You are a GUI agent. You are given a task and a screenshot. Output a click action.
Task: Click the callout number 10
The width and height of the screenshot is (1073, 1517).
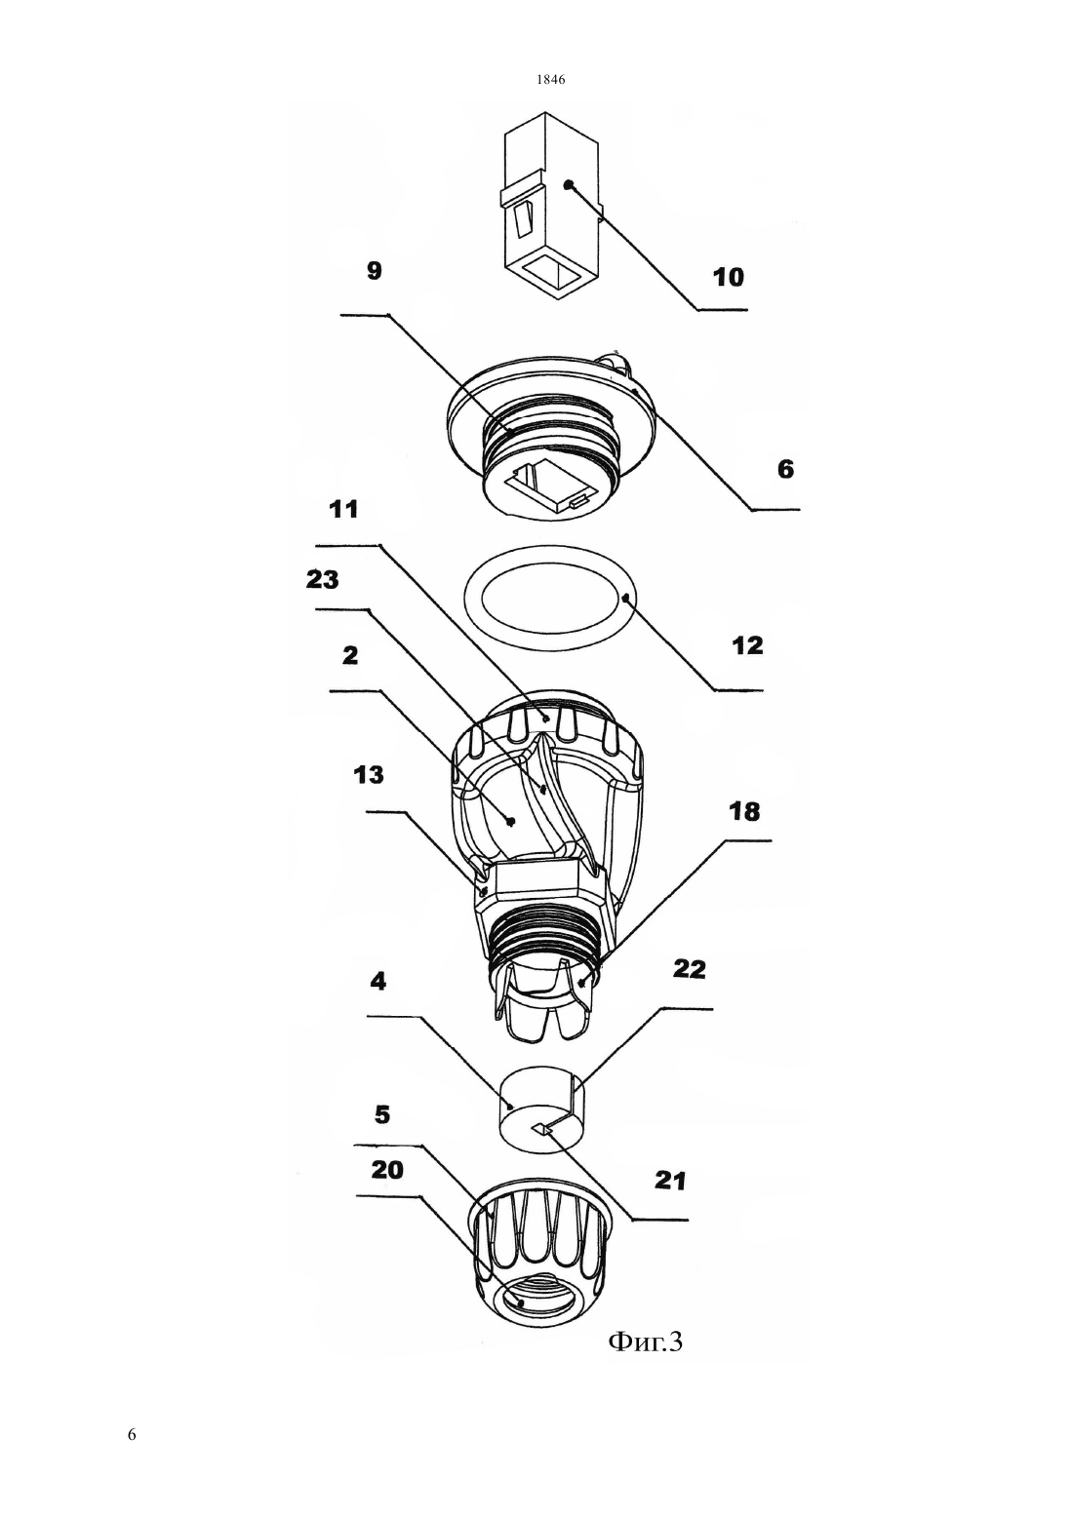click(728, 277)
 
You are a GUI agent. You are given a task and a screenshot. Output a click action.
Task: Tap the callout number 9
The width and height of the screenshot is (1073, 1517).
click(374, 271)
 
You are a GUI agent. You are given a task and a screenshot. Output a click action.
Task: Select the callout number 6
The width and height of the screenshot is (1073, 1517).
click(785, 469)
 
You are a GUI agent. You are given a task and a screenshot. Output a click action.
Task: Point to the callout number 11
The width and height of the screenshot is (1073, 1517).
click(343, 509)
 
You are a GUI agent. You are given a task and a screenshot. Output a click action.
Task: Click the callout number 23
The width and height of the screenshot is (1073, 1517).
click(323, 580)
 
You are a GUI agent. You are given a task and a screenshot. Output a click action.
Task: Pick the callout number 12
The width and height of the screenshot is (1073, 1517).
click(747, 645)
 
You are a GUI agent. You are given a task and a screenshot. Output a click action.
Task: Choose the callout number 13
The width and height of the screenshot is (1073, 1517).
click(369, 775)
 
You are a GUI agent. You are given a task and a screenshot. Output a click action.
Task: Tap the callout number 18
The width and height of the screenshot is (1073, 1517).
click(744, 811)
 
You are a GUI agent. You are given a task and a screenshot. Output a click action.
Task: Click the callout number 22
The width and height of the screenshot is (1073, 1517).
click(690, 969)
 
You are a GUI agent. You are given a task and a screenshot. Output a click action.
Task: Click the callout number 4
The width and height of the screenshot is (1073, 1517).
click(378, 982)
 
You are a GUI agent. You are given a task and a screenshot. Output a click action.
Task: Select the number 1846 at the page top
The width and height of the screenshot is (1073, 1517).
click(551, 79)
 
